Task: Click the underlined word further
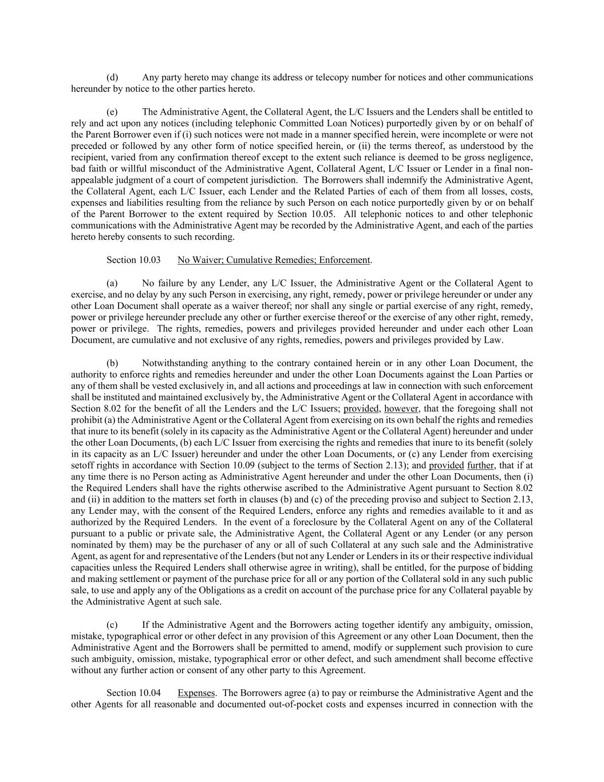click(480, 465)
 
